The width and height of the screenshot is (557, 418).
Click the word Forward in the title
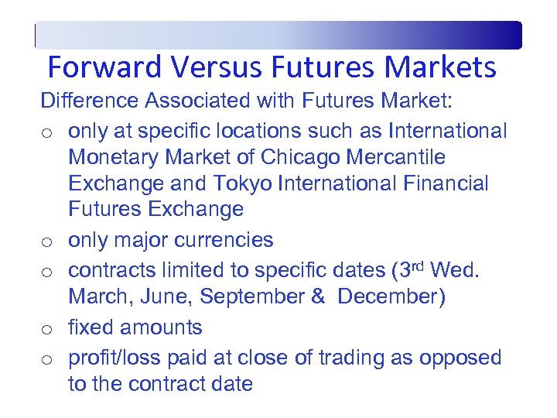tap(107, 68)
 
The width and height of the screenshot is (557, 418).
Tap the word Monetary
tap(116, 157)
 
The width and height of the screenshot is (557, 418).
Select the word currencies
tap(224, 240)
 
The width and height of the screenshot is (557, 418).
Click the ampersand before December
tap(317, 297)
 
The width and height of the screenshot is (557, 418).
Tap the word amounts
tap(166, 327)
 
